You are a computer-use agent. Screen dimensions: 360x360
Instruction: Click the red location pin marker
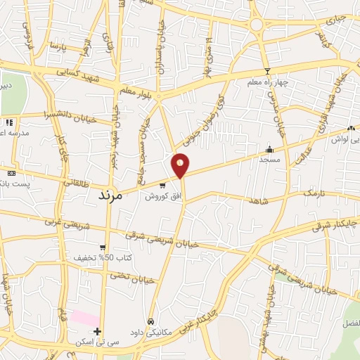pos(181,165)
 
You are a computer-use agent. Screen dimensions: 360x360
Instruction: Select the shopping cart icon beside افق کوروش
pos(163,186)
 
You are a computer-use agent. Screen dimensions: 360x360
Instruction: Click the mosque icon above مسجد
pos(269,149)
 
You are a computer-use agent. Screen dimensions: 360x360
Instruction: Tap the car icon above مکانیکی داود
pos(150,321)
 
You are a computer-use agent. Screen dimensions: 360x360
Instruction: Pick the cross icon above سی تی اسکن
pos(98,331)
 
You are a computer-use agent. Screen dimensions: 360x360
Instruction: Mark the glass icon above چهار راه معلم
pos(267,72)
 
